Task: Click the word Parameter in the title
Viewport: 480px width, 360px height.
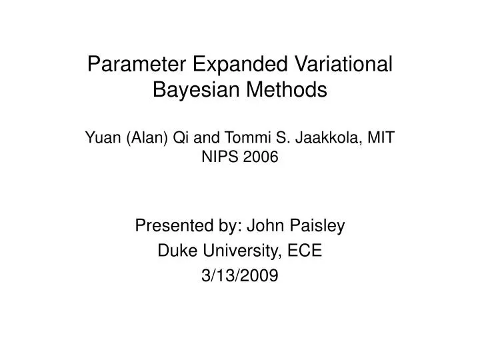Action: pos(133,65)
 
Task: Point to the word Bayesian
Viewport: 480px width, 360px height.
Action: pos(195,89)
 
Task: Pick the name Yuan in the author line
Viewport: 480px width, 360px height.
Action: pos(101,137)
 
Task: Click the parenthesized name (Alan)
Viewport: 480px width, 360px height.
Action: pos(142,137)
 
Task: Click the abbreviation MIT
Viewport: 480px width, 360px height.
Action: pos(382,137)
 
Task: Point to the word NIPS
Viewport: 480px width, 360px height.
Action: pos(222,157)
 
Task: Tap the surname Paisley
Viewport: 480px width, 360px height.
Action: pos(318,227)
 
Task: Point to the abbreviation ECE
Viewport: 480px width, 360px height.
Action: pos(307,251)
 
